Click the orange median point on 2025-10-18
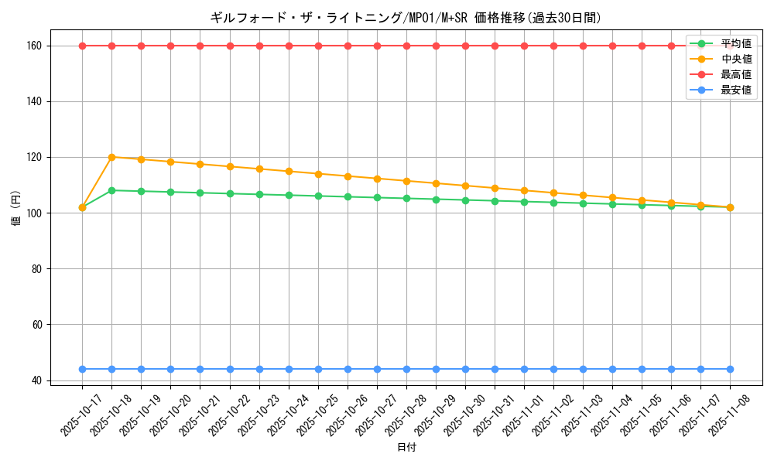(x=111, y=157)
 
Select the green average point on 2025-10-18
(x=111, y=190)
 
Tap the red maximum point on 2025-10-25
(x=318, y=46)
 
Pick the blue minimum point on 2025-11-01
(x=524, y=369)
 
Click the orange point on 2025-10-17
(x=82, y=207)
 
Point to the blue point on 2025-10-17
(x=82, y=369)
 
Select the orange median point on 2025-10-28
(x=406, y=181)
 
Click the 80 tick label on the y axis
(x=36, y=269)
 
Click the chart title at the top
(x=406, y=17)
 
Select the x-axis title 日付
(x=406, y=448)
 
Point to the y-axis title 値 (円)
(x=15, y=209)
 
